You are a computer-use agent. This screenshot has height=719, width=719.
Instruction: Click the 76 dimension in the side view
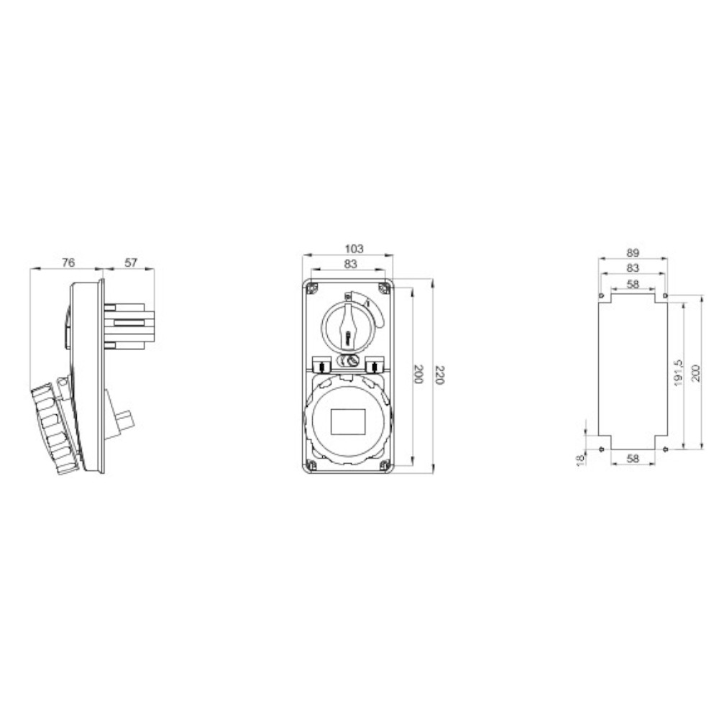coord(68,262)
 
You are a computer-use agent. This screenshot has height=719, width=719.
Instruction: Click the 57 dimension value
coord(131,262)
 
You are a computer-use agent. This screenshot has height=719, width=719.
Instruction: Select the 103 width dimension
coord(354,249)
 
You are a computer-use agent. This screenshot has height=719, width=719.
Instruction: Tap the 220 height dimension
coord(439,375)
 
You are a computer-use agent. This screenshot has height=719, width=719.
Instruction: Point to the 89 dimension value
coord(633,252)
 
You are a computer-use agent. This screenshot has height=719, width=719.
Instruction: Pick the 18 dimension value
coord(581,460)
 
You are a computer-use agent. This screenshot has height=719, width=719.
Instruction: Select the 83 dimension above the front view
coord(350,264)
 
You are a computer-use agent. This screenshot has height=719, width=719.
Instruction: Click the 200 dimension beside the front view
coord(418,375)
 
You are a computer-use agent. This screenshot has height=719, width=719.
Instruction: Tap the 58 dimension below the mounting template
coord(633,458)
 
